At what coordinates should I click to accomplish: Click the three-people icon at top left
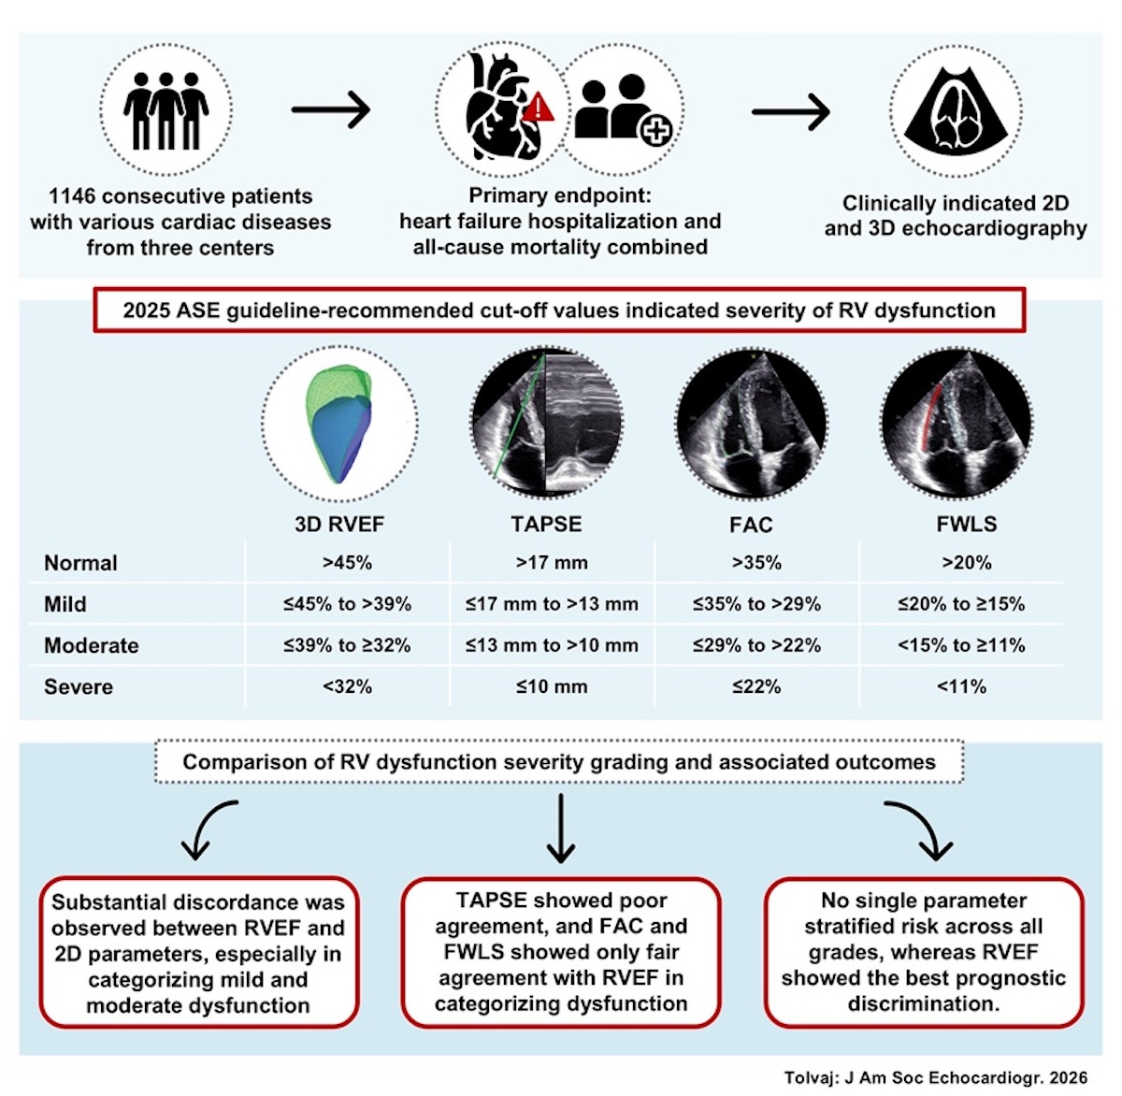tap(166, 110)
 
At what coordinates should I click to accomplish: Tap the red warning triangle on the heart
tap(538, 108)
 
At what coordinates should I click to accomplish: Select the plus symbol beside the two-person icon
tap(655, 130)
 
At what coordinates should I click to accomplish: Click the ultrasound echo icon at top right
tap(956, 110)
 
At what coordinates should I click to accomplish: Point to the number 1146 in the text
tap(71, 196)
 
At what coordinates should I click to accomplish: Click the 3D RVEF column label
tap(339, 524)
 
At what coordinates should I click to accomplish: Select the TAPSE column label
tap(546, 524)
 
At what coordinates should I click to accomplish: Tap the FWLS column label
tap(967, 524)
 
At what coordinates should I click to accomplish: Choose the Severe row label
tap(79, 686)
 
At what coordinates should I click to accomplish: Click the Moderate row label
tap(91, 645)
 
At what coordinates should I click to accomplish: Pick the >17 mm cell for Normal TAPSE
tap(552, 562)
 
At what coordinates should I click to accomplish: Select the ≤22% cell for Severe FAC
tap(756, 686)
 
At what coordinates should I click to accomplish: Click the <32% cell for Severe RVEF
tap(347, 686)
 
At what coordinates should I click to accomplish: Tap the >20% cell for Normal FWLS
tap(967, 562)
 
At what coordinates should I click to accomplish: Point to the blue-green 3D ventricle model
tap(338, 424)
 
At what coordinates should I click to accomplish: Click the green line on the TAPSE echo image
tap(519, 415)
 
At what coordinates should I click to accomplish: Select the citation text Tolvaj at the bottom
tap(806, 1077)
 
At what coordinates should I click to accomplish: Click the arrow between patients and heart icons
tap(330, 109)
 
